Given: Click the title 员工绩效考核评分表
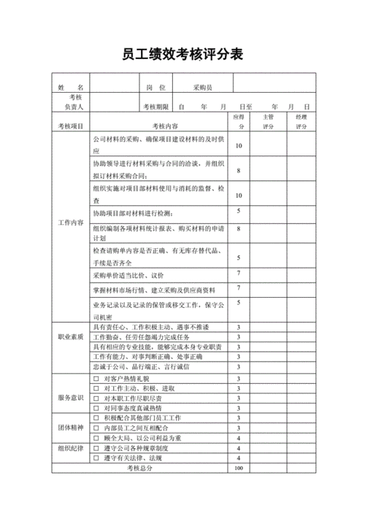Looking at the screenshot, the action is (182, 55).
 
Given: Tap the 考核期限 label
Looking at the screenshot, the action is (155, 107).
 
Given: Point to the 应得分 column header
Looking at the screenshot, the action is (238, 120).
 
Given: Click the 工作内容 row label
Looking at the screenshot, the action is (71, 222).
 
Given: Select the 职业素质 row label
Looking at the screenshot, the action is (71, 337).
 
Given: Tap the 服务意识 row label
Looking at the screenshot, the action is (71, 398).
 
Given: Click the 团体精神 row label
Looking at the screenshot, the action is (71, 428).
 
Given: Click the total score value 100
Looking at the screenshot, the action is (238, 468).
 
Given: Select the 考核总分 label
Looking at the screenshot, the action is (140, 468).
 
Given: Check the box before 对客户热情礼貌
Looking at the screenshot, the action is (96, 379).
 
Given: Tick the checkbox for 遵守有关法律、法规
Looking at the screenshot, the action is (96, 458).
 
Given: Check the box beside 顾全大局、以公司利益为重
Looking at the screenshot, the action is (96, 438).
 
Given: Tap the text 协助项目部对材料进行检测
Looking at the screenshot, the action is (132, 212).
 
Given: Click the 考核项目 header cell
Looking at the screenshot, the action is (71, 126).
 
